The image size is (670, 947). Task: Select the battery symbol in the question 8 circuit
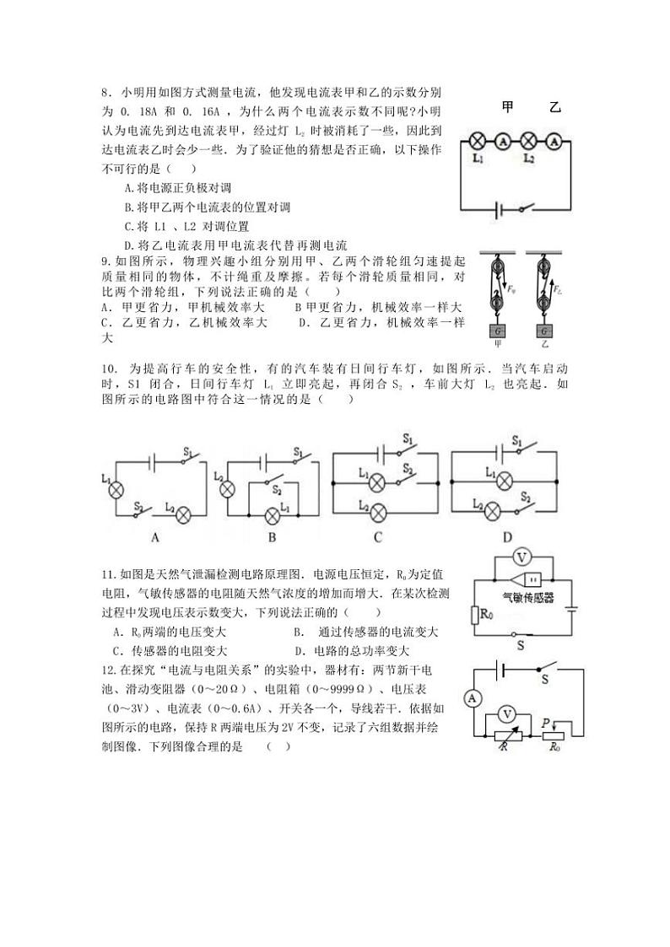[510, 208]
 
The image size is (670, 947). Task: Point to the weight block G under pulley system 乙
[544, 330]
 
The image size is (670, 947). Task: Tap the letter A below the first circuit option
[154, 536]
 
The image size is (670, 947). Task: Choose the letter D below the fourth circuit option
[507, 536]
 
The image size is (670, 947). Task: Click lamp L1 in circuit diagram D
[504, 482]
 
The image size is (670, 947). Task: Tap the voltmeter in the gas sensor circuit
[522, 557]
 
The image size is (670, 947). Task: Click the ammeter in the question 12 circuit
[473, 697]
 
